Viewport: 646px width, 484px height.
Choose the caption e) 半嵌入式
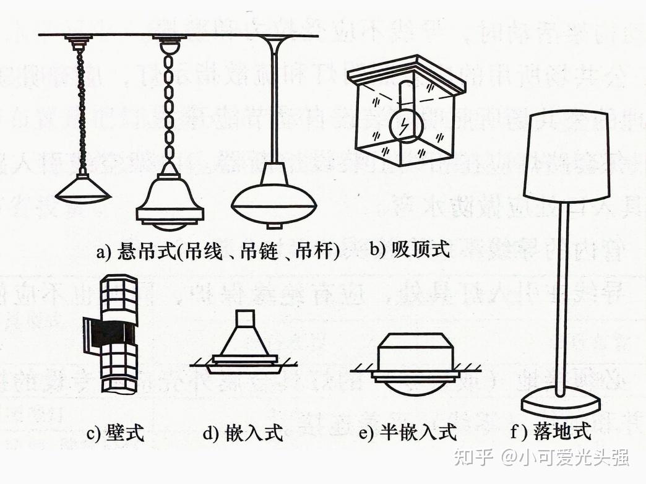coord(408,431)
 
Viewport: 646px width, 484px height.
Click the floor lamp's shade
coord(566,155)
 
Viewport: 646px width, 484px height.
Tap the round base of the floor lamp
coord(560,404)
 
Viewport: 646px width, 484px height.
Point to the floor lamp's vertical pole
coord(562,297)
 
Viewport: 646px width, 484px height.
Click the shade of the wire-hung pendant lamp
coord(83,189)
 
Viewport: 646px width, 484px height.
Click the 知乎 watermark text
coord(473,457)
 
